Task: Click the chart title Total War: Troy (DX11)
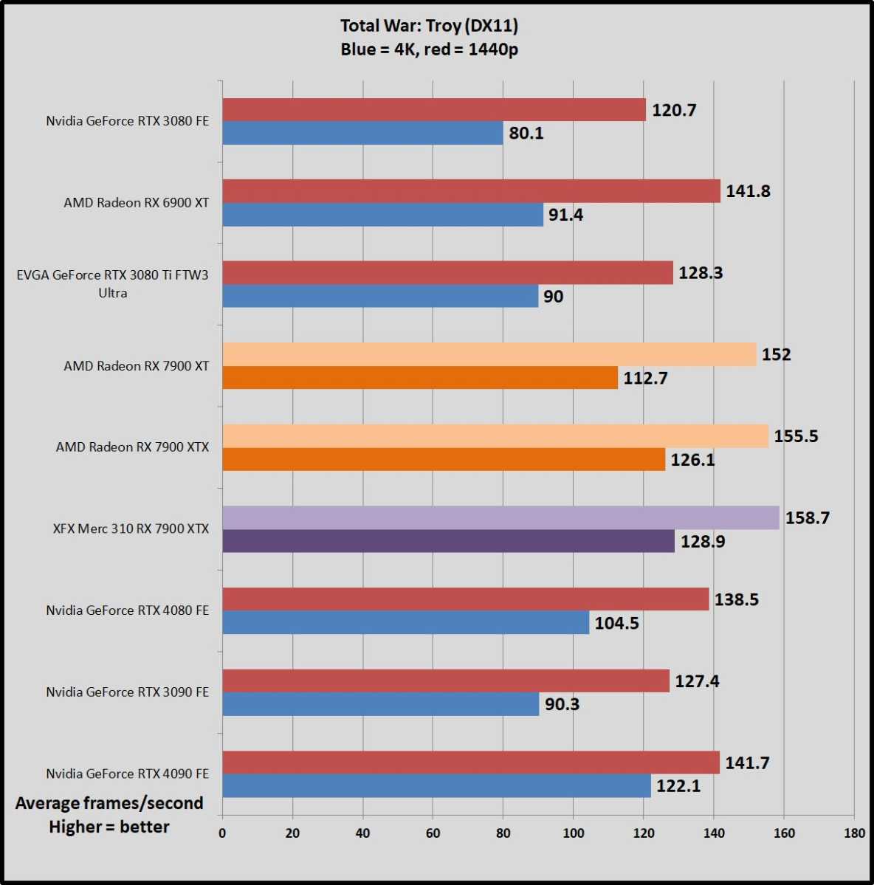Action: pos(429,26)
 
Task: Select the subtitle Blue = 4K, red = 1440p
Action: pos(429,49)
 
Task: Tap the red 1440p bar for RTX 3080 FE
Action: pos(433,110)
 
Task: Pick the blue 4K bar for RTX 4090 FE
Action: pos(436,785)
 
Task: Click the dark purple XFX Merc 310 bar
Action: pos(448,541)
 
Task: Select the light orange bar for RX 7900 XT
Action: pos(489,354)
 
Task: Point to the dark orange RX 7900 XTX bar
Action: pos(443,459)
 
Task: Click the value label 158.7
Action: pos(808,518)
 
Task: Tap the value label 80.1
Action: pos(526,134)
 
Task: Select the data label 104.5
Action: pos(616,623)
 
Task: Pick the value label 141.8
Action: pos(748,191)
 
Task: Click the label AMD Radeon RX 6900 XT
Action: pos(137,202)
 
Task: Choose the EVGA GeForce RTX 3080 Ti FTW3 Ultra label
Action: pos(113,283)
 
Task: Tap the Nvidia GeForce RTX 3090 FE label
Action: pos(128,692)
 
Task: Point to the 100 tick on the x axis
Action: pos(574,833)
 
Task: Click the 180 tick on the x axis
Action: pos(854,833)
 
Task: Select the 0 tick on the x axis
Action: pos(222,833)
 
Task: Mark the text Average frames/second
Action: pos(109,803)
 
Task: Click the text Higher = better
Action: pos(109,827)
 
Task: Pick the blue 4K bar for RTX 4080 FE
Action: pos(405,622)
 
